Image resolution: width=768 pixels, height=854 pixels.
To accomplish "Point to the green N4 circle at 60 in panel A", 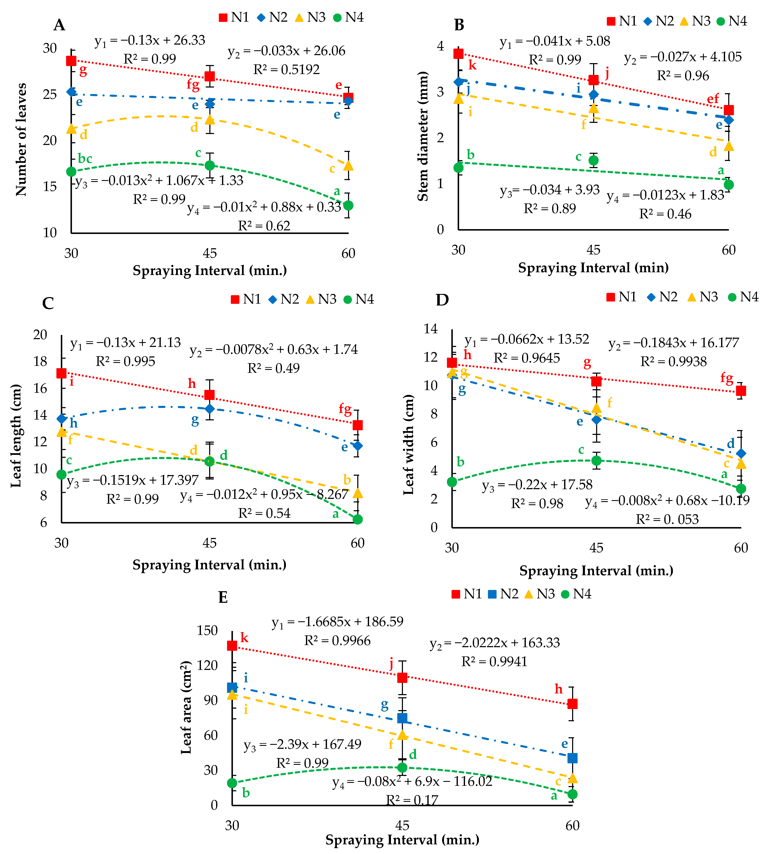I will pos(348,206).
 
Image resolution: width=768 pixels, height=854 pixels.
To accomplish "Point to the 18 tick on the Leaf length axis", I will pos(41,361).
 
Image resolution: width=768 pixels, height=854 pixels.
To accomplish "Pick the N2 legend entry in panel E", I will pos(504,594).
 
